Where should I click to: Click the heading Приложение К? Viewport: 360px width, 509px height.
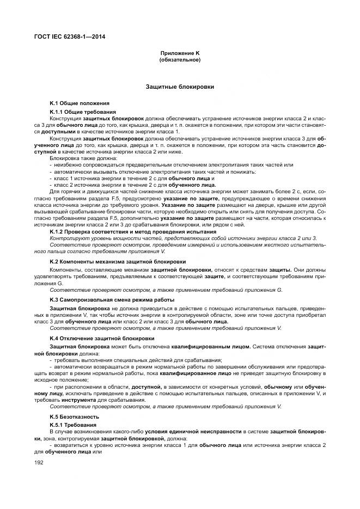coord(180,53)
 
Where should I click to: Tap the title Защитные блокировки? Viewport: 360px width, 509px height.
coord(180,87)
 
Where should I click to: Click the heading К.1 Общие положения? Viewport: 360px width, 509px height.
coord(80,102)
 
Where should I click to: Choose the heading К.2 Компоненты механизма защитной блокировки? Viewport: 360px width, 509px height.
coord(118,262)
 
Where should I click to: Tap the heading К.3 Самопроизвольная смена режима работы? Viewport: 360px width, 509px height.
coord(112,300)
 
